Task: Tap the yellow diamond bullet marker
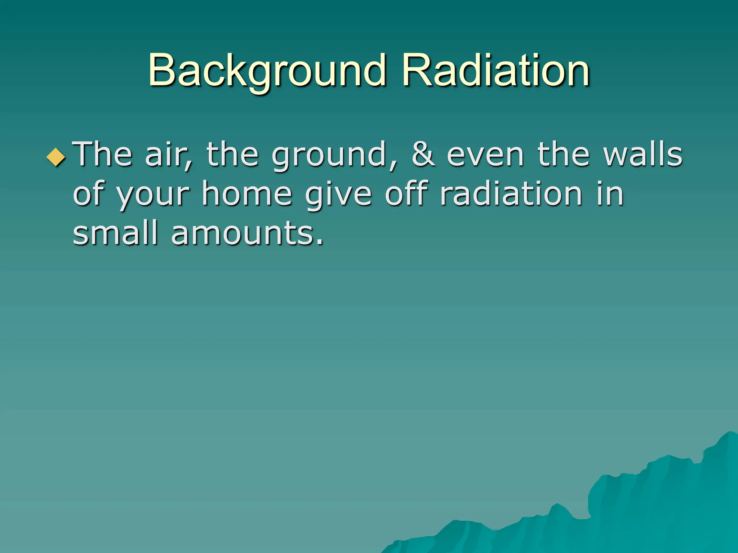click(x=56, y=157)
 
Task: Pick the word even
click(x=485, y=155)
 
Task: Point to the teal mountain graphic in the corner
click(x=649, y=511)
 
